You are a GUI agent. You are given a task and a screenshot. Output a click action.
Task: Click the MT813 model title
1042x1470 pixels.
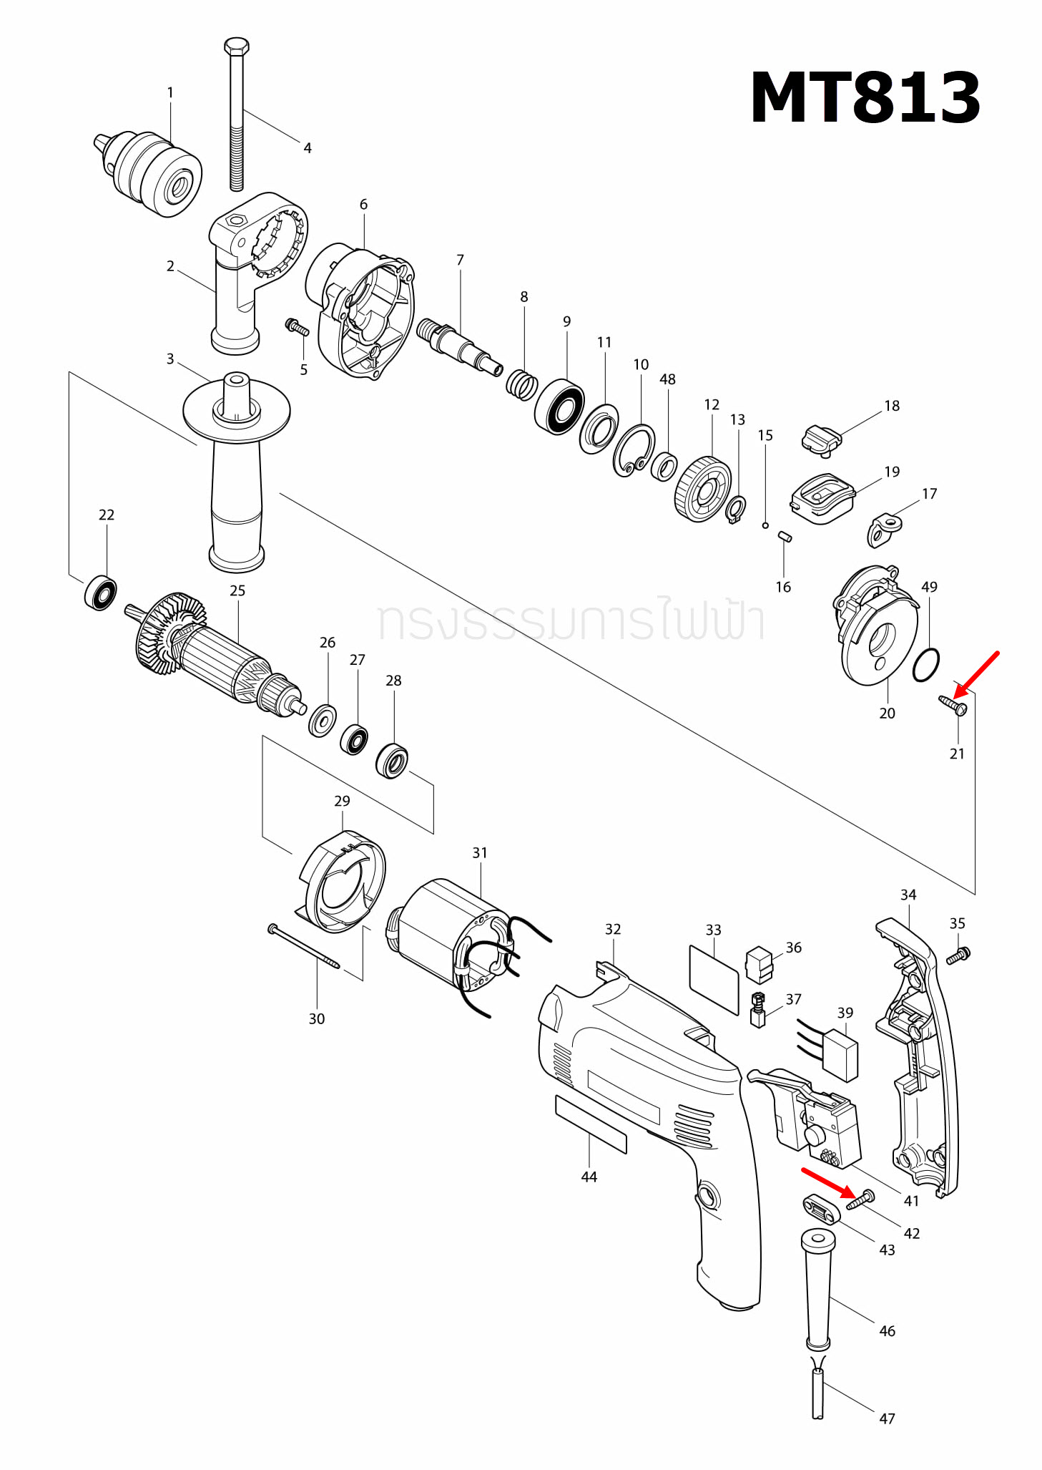[865, 98]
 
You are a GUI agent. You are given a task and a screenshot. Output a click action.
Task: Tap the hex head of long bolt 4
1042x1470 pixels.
[236, 47]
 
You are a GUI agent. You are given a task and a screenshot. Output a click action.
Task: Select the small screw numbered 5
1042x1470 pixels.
[296, 328]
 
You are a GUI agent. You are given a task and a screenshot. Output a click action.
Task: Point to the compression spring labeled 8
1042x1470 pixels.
[522, 385]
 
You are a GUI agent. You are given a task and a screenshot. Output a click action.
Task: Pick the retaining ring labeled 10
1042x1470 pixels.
[634, 450]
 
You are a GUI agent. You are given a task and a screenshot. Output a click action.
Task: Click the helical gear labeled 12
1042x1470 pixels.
[702, 490]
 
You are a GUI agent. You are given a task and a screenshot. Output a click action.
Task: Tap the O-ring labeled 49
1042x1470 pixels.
[926, 665]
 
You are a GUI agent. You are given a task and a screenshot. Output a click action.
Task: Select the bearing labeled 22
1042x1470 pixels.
[101, 593]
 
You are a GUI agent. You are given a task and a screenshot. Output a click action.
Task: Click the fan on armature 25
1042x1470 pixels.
[169, 633]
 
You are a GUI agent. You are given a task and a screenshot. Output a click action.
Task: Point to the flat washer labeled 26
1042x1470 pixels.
[323, 720]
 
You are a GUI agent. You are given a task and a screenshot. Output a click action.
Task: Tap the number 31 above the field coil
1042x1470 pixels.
[479, 852]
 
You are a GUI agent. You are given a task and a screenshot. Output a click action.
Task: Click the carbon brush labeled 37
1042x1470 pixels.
[758, 1009]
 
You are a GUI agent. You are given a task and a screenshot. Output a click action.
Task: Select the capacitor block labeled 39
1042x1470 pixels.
[840, 1054]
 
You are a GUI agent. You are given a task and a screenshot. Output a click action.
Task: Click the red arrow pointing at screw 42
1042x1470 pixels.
[826, 1182]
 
